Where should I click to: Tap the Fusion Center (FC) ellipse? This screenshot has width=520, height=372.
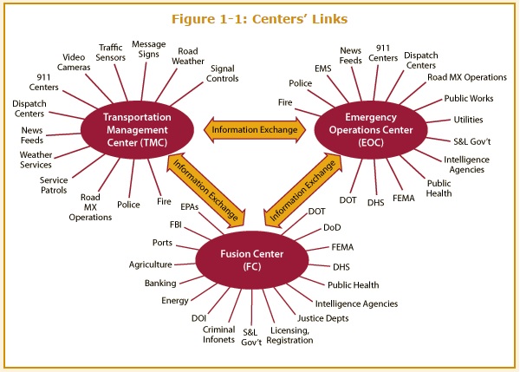(x=252, y=260)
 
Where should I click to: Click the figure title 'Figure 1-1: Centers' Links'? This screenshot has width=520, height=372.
(x=260, y=19)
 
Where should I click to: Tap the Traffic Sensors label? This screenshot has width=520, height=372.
(x=110, y=53)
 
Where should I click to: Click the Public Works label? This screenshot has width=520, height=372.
(x=469, y=99)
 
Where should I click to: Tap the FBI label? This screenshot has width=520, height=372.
(x=176, y=225)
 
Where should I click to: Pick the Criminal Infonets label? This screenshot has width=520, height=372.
(x=218, y=336)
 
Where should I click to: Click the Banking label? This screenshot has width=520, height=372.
(x=160, y=283)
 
